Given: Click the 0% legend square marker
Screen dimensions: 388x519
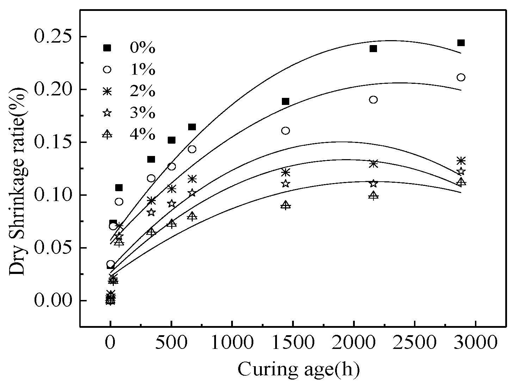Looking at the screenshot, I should [107, 48].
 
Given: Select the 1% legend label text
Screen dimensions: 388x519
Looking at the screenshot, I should [142, 70].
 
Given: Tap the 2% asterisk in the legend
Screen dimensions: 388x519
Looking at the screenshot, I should [107, 91].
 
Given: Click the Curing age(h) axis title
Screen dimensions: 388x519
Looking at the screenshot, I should [298, 369].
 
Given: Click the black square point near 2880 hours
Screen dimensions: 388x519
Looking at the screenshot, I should [461, 43].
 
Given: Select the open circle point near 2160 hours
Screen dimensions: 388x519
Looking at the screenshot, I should [373, 100].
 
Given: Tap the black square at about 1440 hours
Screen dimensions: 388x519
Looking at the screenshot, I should [285, 101].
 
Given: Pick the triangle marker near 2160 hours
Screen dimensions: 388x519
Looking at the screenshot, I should [373, 195].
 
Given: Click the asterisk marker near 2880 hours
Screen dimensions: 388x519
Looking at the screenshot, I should [461, 161].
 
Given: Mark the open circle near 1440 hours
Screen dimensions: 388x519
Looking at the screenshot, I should [285, 131].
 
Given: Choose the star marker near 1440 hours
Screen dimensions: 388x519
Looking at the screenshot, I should [285, 183].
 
